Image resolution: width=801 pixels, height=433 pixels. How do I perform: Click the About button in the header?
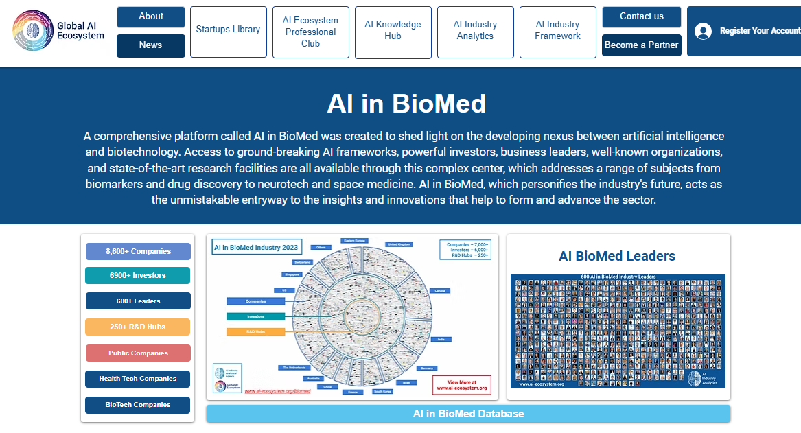151,16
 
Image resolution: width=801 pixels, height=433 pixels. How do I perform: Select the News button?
151,45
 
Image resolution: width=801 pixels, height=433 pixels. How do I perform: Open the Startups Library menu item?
228,30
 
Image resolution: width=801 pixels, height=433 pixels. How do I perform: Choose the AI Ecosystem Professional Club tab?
310,32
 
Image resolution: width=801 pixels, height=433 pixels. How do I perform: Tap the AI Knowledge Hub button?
393,30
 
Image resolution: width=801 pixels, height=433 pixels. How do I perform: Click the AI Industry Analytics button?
475,30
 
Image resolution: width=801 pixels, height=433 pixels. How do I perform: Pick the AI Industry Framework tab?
557,30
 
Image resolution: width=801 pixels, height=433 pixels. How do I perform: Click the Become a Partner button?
641,45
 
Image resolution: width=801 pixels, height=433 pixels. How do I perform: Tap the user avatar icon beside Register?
703,31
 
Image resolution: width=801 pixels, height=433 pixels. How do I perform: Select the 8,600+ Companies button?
138,251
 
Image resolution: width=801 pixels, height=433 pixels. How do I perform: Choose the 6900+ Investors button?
138,275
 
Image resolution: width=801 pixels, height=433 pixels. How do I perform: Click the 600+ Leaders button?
138,301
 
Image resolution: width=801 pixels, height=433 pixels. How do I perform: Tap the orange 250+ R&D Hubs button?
138,327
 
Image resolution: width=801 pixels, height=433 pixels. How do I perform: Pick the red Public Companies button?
138,353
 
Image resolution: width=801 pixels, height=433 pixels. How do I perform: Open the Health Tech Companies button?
138,379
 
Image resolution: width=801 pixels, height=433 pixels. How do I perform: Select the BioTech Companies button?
138,405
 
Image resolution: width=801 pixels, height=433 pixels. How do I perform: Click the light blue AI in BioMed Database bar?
468,414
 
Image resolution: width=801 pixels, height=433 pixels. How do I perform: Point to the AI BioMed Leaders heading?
617,256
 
